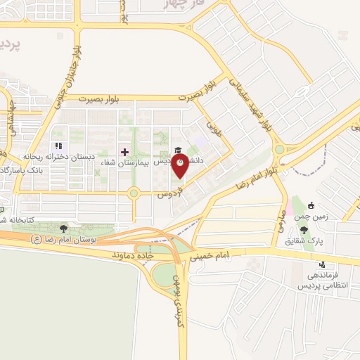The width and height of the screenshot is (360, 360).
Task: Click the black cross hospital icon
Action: [125, 151]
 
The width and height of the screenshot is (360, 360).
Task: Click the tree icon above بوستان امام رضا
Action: [64, 229]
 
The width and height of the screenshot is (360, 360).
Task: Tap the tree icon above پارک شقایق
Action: [303, 230]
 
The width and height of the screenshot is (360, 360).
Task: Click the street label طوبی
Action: [212, 128]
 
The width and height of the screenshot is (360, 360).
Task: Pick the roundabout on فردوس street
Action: [133, 193]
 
